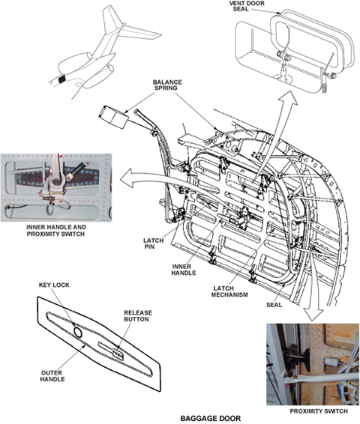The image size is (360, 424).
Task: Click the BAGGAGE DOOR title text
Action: pos(210,418)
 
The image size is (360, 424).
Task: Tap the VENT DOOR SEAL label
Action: pos(247,6)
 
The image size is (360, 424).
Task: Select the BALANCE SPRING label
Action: pos(167,85)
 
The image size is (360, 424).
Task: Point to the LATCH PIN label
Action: pos(153,243)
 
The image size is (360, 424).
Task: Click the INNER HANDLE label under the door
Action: pos(184,270)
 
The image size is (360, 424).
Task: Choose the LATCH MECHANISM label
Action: pos(229,291)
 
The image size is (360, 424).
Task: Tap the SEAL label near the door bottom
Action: pos(274,305)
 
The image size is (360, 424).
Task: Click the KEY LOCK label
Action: pos(54,285)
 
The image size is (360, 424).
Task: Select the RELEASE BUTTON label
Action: pos(138,316)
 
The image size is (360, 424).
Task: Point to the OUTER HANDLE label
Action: pos(52,376)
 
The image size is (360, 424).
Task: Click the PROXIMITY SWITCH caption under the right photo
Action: pos(319,411)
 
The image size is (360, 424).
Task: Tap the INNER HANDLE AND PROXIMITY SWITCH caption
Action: pos(56,231)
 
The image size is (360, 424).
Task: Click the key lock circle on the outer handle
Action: pos(78,332)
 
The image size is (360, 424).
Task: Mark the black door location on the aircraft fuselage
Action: pos(62,79)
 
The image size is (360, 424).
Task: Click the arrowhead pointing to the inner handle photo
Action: pos(127,178)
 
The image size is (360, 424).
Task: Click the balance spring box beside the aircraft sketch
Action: pos(114,117)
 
